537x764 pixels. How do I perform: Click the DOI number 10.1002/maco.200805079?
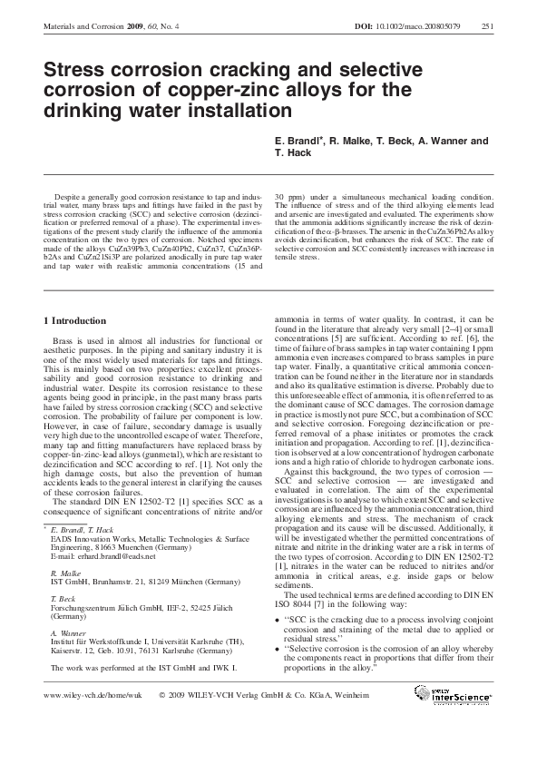(x=425, y=25)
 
